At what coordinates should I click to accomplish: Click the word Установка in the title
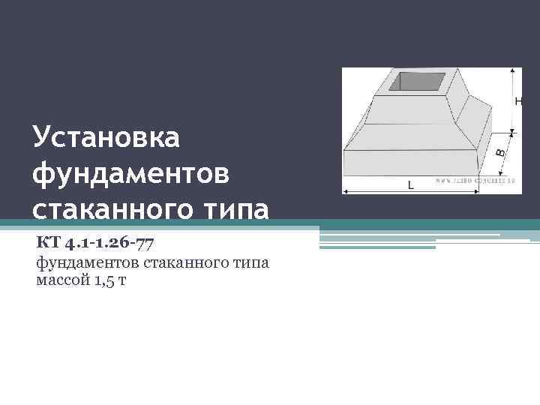(x=106, y=137)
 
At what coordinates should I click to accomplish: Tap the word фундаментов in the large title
(x=132, y=173)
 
